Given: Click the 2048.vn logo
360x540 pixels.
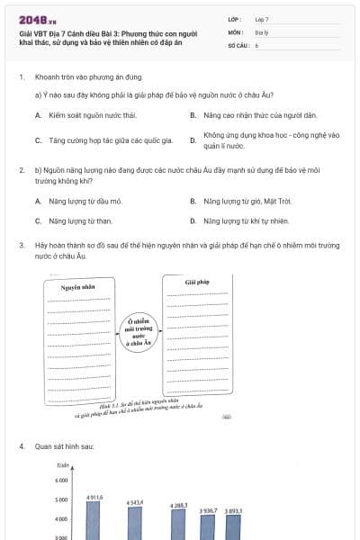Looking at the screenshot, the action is [33, 19].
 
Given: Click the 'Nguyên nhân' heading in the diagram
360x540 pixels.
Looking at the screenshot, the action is [77, 288].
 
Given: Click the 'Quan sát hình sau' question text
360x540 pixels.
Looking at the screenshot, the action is [65, 446].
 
